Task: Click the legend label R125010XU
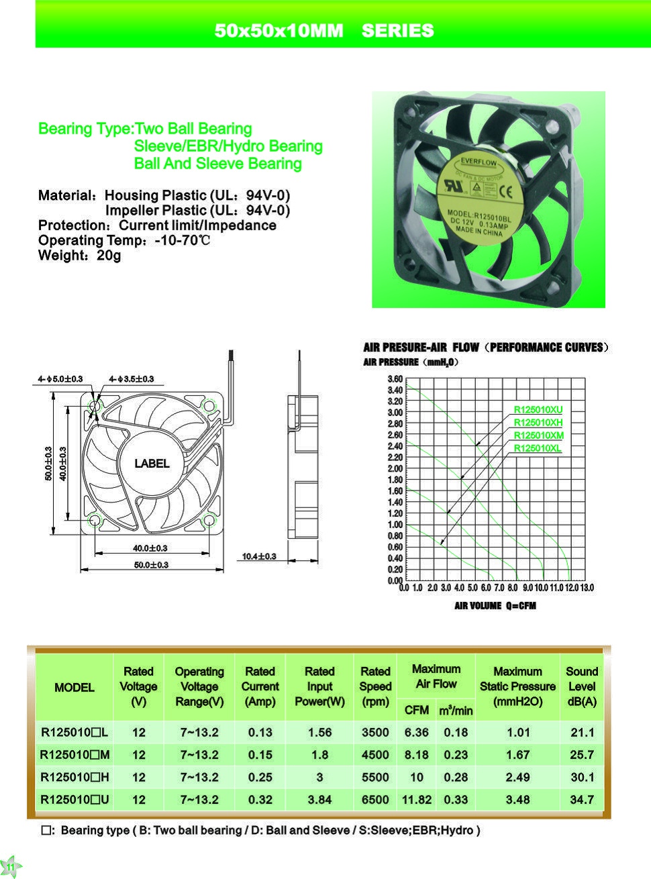(538, 410)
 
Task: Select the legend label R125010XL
(537, 448)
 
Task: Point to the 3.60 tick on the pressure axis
(395, 379)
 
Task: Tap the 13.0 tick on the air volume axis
(587, 588)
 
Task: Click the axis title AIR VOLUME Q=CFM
(495, 606)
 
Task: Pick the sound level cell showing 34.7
(581, 799)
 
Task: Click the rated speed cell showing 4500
(375, 755)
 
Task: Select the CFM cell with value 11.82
(416, 799)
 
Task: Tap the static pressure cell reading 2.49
(517, 777)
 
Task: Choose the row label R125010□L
(74, 733)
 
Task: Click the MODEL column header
(74, 687)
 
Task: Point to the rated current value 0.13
(260, 733)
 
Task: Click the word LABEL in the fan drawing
(152, 464)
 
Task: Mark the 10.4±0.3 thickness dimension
(259, 556)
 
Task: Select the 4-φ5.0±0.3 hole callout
(60, 379)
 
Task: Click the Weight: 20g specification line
(79, 256)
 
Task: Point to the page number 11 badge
(10, 867)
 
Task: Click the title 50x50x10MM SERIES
(324, 31)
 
